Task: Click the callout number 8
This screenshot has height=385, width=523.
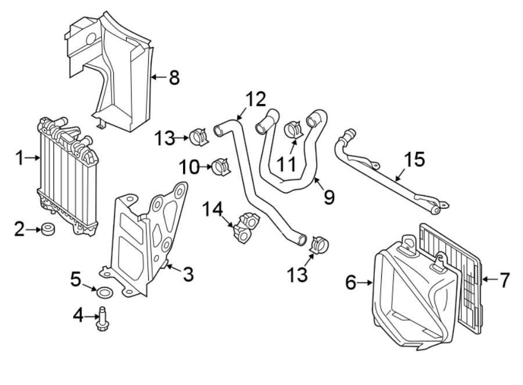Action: tap(174, 77)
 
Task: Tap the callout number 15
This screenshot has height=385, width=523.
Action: tap(415, 159)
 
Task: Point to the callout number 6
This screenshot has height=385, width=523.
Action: tap(350, 283)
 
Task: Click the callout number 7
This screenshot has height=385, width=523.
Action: tap(503, 280)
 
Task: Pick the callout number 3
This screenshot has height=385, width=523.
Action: tap(188, 275)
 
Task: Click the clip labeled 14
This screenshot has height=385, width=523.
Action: tap(245, 228)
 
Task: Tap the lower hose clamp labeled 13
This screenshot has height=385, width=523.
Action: tap(320, 244)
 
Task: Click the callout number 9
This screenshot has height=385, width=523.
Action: tap(329, 198)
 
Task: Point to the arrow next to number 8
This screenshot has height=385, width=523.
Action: tap(157, 77)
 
